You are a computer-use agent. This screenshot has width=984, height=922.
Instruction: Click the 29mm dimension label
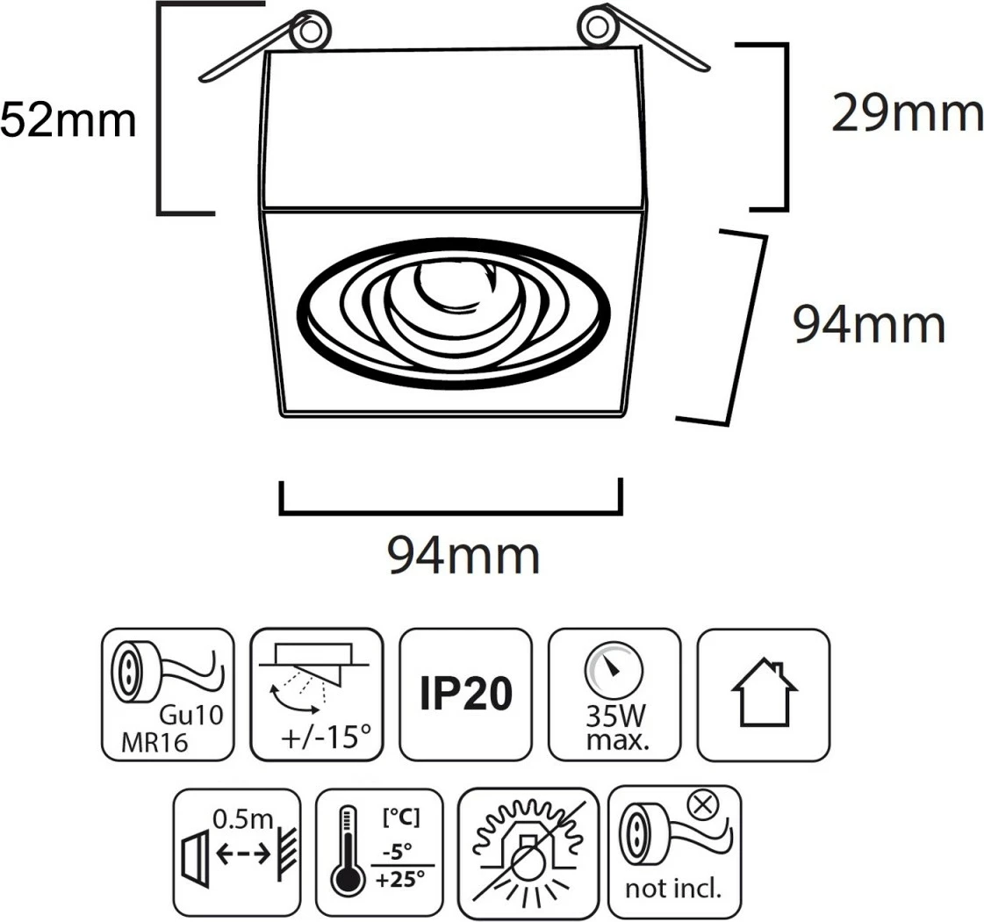(908, 113)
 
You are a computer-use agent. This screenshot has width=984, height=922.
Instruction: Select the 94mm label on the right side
(869, 324)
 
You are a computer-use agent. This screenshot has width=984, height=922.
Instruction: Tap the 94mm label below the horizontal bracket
(463, 555)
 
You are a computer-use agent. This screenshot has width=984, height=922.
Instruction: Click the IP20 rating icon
(465, 694)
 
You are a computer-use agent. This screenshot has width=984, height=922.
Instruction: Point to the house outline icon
(764, 692)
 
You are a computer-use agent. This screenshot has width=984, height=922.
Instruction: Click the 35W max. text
(616, 728)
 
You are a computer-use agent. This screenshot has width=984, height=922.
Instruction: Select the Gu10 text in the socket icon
(191, 715)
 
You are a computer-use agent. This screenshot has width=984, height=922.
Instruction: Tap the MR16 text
(154, 743)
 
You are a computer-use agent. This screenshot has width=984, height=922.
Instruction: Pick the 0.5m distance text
(243, 819)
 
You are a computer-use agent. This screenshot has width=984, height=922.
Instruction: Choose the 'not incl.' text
(673, 889)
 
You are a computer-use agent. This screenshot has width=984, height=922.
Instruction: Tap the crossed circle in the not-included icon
(703, 803)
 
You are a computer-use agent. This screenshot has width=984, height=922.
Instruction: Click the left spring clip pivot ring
(311, 29)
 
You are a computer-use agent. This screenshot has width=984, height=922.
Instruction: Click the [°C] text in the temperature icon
(401, 818)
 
